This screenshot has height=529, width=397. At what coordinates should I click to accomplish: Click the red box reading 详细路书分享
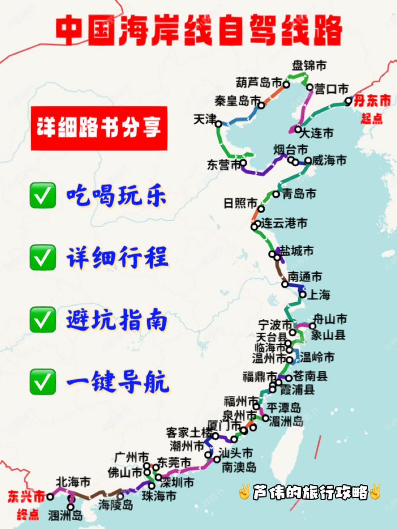tap(99, 128)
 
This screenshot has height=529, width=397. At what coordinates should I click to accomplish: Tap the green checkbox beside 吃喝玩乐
tap(43, 195)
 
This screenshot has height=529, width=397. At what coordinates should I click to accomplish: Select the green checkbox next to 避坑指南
tap(43, 319)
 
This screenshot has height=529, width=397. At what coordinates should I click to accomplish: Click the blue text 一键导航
tap(117, 381)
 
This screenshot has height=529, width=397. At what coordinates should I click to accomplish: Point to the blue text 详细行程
tap(117, 257)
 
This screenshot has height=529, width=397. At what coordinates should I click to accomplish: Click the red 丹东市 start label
tap(372, 100)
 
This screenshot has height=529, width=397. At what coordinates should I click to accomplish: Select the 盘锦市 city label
tap(309, 65)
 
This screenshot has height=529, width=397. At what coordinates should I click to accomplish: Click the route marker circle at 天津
tap(218, 124)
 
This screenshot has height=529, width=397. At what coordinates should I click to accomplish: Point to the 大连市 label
tap(316, 133)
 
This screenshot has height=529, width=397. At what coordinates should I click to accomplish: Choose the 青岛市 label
tap(299, 194)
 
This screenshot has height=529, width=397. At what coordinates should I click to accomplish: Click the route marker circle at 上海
tap(303, 294)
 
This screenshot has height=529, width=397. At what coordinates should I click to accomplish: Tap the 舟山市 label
tap(330, 319)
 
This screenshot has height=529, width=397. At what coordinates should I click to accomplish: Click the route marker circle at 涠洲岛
tap(71, 507)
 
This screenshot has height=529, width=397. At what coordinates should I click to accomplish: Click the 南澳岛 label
tap(239, 467)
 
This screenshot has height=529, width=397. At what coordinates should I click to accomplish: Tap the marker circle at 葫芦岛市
tap(286, 85)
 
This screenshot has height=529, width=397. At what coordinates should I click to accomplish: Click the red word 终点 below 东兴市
tap(28, 515)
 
